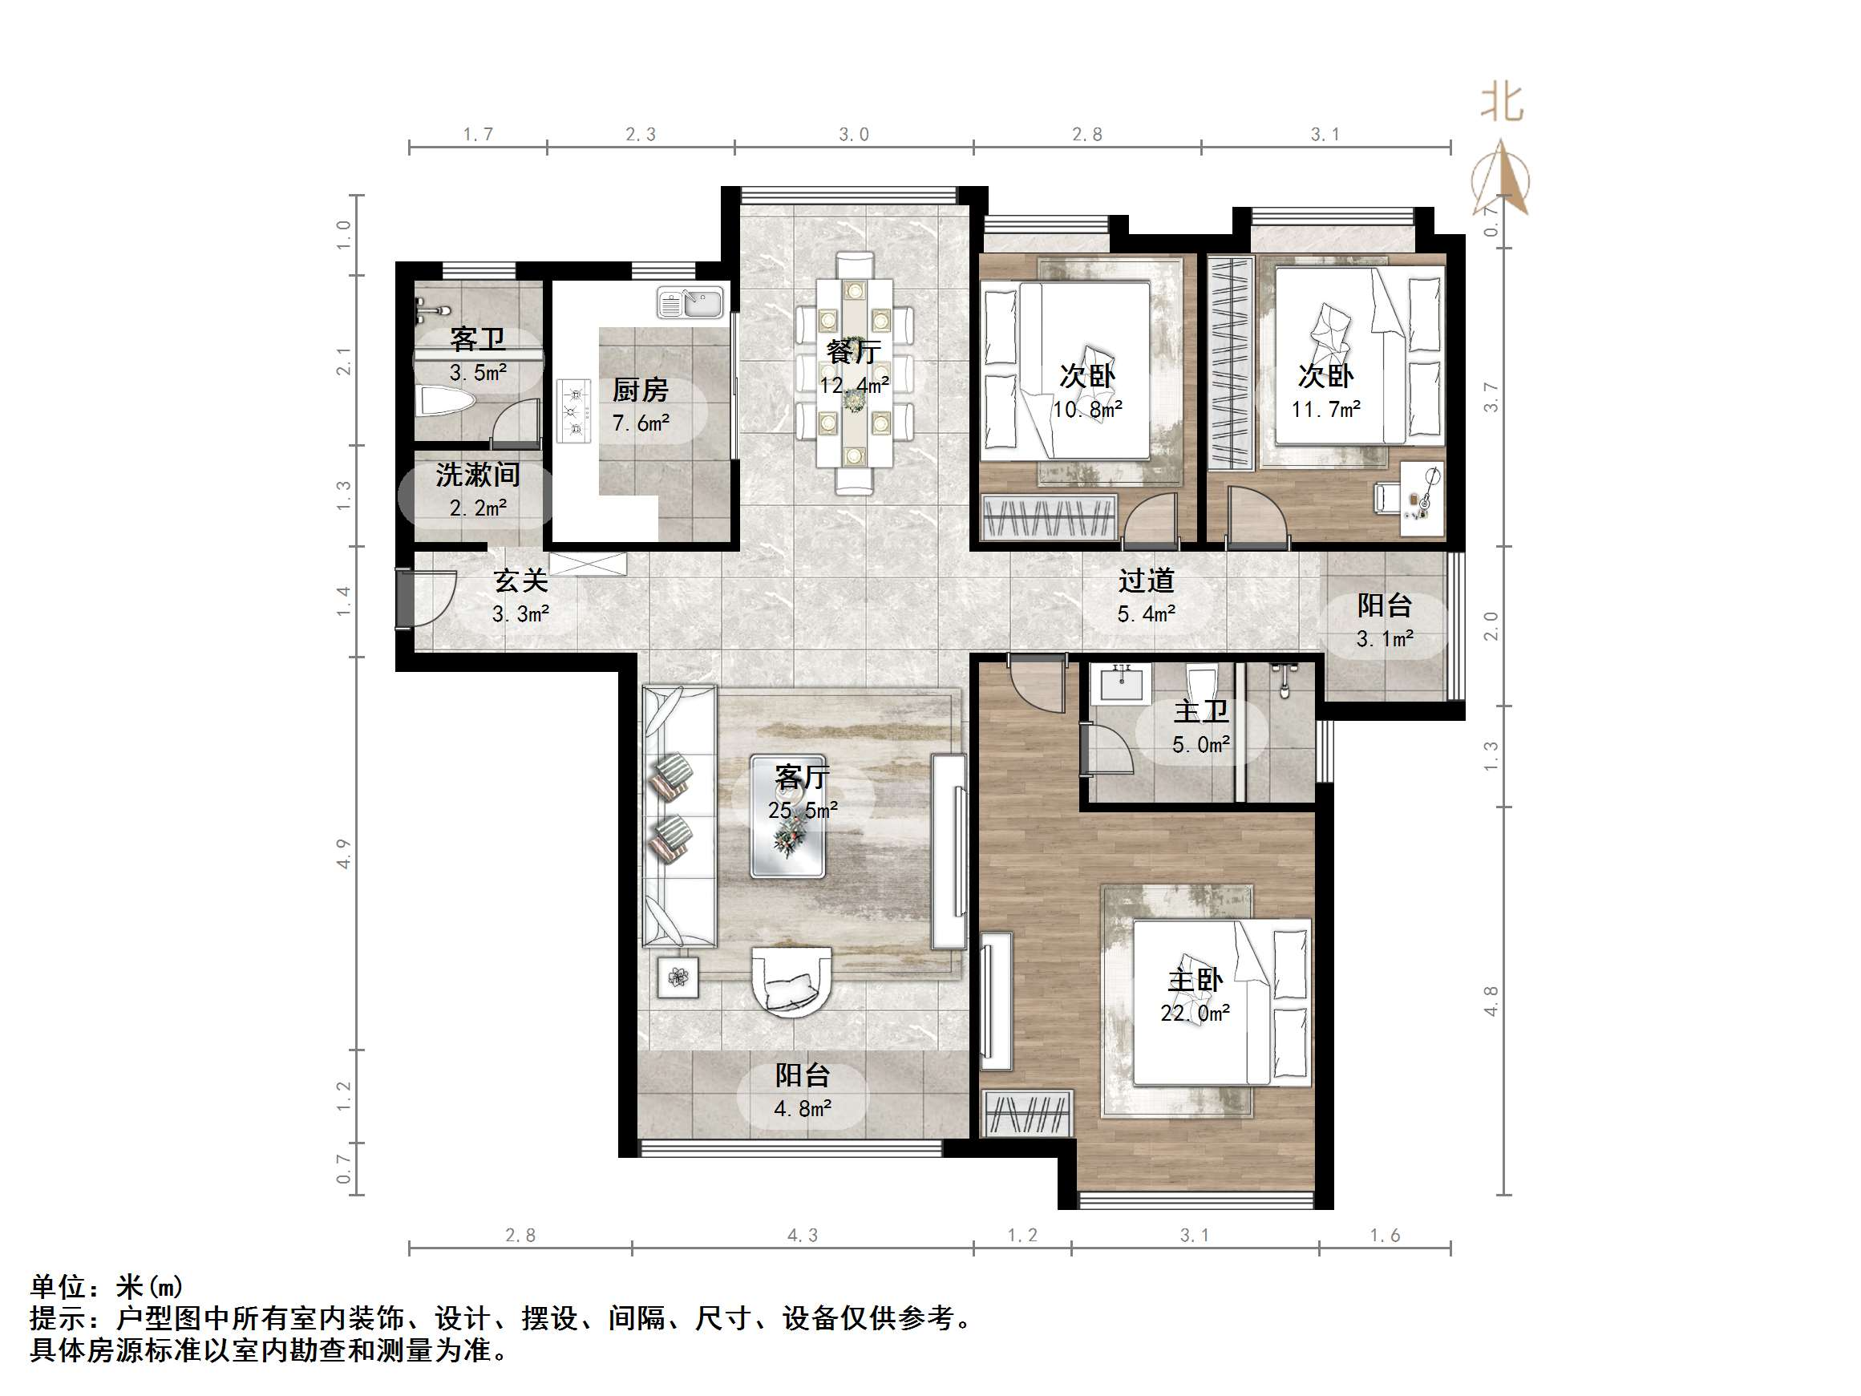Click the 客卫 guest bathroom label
click(x=477, y=339)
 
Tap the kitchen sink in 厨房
click(x=690, y=304)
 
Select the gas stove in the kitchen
click(x=575, y=411)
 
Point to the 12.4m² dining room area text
click(x=854, y=386)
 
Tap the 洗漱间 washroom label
click(x=477, y=475)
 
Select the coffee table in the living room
click(x=787, y=815)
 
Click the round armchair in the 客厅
click(x=791, y=980)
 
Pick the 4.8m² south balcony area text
click(x=802, y=1109)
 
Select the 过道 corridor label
click(x=1146, y=581)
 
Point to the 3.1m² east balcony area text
click(x=1384, y=639)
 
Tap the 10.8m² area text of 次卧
click(x=1087, y=410)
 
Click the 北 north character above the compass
click(x=1502, y=103)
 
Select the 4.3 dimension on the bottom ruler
click(x=802, y=1236)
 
